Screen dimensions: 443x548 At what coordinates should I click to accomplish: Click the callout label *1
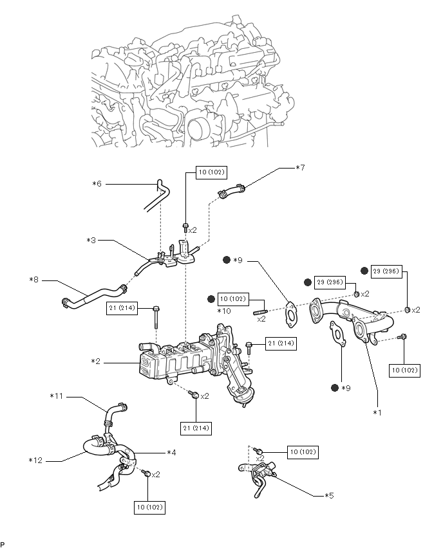point(377,413)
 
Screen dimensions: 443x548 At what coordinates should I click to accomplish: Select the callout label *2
point(95,361)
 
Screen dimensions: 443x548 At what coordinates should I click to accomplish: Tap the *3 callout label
point(91,241)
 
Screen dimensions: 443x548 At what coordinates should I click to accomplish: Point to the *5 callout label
point(329,495)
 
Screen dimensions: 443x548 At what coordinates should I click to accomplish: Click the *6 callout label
point(97,183)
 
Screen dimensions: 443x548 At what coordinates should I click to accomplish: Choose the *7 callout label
point(300,168)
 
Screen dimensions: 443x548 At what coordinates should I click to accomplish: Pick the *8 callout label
point(33,280)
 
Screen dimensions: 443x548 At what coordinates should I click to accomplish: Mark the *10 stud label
point(224,311)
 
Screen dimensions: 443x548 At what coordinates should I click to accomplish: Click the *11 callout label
point(56,396)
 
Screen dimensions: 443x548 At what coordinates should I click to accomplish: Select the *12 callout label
point(35,461)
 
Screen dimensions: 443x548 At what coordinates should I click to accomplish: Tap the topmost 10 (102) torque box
point(212,172)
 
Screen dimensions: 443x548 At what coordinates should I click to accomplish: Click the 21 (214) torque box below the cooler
point(196,428)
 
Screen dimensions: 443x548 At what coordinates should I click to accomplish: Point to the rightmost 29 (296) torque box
point(386,271)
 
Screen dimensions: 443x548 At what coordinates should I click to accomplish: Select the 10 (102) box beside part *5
point(303,452)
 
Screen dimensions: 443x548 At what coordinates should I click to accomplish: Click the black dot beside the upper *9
point(227,260)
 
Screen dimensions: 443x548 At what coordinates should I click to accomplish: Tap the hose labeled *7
point(231,191)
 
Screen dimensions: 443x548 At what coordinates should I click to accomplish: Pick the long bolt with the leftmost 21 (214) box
point(156,317)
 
